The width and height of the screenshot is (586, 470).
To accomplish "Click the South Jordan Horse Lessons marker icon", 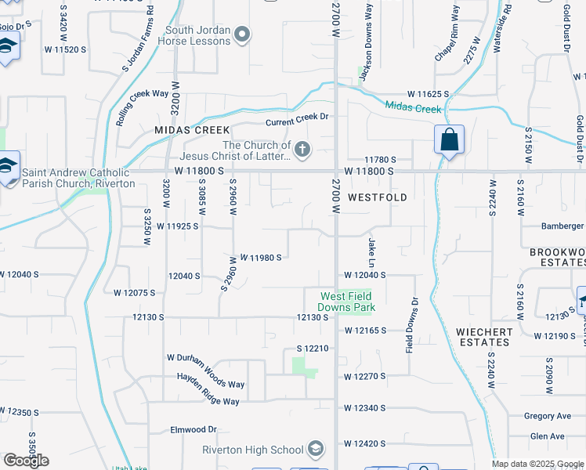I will click(x=243, y=34).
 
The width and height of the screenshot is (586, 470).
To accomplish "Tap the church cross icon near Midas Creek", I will click(x=301, y=147).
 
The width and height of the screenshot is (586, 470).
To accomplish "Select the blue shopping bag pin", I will click(x=449, y=141).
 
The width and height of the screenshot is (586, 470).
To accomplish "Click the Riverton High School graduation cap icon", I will click(x=316, y=449).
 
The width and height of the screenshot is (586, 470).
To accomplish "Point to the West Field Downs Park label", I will click(x=346, y=302).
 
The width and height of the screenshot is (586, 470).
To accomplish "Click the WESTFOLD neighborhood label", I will click(x=378, y=198).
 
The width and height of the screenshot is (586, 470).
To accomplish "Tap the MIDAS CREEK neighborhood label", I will click(x=192, y=130).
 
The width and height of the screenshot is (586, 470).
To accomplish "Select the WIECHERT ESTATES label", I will click(x=484, y=338).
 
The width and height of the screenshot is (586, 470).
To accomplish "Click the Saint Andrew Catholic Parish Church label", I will click(x=78, y=178).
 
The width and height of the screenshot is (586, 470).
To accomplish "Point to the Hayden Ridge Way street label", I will click(x=204, y=391).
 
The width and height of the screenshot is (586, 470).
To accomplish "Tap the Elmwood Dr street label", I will click(x=194, y=430).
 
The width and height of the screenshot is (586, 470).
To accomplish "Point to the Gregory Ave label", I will click(x=548, y=417).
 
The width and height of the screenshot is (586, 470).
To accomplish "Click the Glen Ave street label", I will click(x=547, y=436).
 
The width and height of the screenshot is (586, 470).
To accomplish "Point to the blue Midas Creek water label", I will click(x=413, y=107).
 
